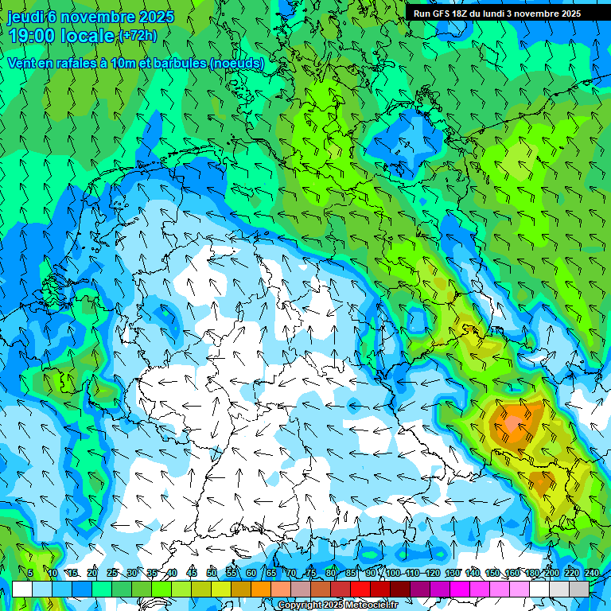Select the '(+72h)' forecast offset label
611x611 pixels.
click(x=138, y=35)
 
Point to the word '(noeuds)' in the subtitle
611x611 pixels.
click(x=237, y=63)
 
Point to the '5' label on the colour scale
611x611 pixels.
click(x=30, y=573)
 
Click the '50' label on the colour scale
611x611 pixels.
click(x=212, y=573)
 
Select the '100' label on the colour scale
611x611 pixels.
click(x=393, y=573)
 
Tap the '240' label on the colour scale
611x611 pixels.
click(x=591, y=573)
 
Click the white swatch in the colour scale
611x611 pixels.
click(x=22, y=589)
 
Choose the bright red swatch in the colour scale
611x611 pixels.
click(x=360, y=589)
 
